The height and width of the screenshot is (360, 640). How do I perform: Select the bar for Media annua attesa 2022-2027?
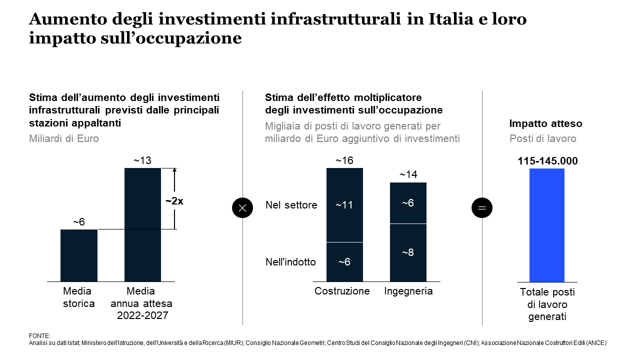pos(142,224)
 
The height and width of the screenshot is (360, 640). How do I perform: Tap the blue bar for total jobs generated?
pos(547,225)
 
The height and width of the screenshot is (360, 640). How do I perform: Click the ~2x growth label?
pos(174,201)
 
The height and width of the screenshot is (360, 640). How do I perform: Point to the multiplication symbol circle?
pos(242,207)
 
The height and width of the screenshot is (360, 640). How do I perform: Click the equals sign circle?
pos(482,207)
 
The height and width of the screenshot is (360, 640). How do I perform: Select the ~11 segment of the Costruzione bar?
pos(344,205)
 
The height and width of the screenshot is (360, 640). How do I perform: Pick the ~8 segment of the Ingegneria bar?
pos(408,252)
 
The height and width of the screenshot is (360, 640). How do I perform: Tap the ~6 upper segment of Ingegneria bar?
pos(408,203)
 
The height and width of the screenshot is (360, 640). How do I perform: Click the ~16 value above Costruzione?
pos(344,160)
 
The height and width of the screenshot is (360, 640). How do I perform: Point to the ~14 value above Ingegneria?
pos(408,174)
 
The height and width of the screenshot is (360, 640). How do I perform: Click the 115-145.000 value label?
pos(547,161)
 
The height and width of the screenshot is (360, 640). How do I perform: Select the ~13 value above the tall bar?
pos(142,160)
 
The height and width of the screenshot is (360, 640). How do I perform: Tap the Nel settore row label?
pos(291,205)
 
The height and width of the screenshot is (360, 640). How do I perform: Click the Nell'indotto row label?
pos(290,262)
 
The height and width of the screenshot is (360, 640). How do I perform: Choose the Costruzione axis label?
pos(342,291)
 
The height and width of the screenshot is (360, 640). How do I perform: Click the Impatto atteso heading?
pos(545,123)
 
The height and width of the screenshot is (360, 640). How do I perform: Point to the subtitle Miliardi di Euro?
pos(64,138)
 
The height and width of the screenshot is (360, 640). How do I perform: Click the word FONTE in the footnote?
pos(40,336)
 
